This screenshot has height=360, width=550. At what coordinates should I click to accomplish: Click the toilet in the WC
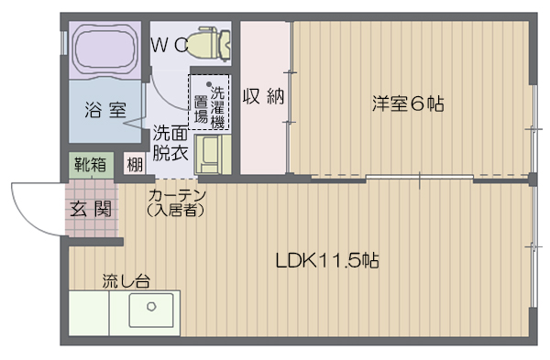(x=209, y=43)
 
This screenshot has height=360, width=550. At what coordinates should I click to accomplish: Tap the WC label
(x=170, y=45)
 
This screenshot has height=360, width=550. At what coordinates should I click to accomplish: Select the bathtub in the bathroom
(x=105, y=49)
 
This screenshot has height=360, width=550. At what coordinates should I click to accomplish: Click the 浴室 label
(x=105, y=110)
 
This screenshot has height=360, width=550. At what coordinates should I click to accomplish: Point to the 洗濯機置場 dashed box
(x=209, y=102)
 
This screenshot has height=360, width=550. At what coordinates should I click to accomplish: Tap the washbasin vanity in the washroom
(x=213, y=155)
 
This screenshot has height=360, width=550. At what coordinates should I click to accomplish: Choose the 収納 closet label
(x=263, y=95)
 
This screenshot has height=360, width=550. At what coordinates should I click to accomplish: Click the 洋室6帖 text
(x=408, y=104)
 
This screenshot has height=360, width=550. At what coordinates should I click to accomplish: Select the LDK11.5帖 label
(x=327, y=260)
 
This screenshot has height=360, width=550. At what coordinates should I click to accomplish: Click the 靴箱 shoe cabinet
(x=91, y=164)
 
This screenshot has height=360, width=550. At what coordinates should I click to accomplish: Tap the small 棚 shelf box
(x=135, y=164)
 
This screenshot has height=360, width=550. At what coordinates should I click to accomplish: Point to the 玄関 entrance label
(x=91, y=209)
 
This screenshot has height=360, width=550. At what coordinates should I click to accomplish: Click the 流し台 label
(x=126, y=281)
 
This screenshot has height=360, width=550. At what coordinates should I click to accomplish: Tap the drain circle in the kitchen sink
(x=151, y=306)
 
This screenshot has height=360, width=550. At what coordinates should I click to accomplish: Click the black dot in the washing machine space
(x=209, y=84)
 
